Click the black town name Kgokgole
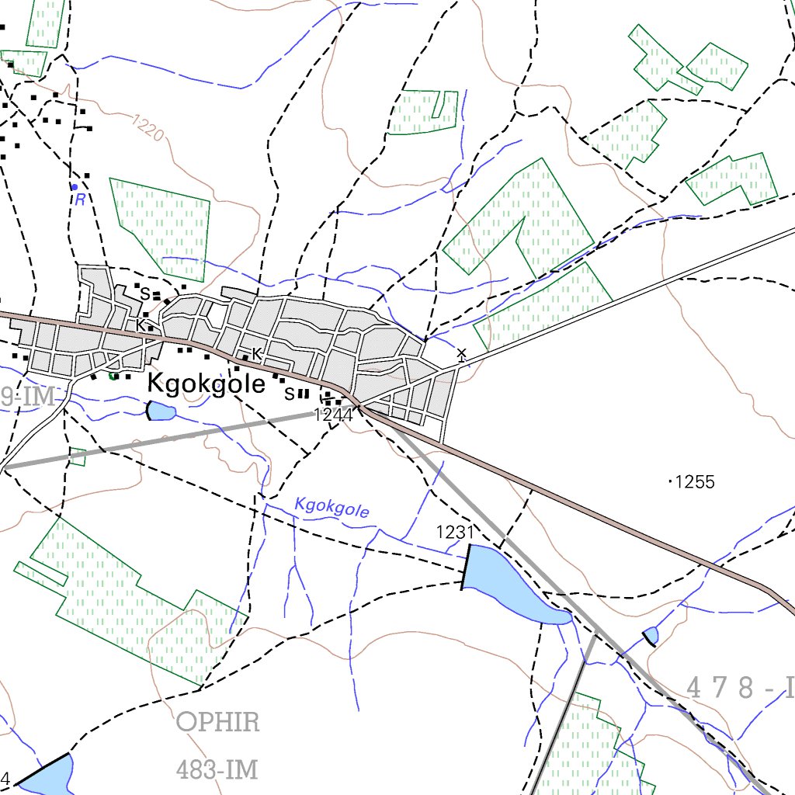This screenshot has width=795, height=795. [207, 384]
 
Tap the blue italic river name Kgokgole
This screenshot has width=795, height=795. [332, 508]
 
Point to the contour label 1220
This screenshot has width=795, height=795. [148, 129]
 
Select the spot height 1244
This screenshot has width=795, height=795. [333, 415]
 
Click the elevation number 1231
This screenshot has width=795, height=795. [455, 532]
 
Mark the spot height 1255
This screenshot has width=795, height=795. [694, 482]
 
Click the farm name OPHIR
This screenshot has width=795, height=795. [218, 722]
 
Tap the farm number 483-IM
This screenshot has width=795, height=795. [217, 770]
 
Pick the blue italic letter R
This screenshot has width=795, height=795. [79, 200]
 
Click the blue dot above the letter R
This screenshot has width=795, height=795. [75, 187]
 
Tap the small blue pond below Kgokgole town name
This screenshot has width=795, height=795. [161, 411]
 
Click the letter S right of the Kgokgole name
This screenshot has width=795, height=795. [289, 394]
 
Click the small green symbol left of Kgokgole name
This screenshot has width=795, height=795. [113, 377]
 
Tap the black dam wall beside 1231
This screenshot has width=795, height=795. [467, 567]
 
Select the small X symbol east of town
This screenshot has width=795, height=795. [462, 355]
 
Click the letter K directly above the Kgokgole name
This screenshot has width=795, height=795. [257, 354]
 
